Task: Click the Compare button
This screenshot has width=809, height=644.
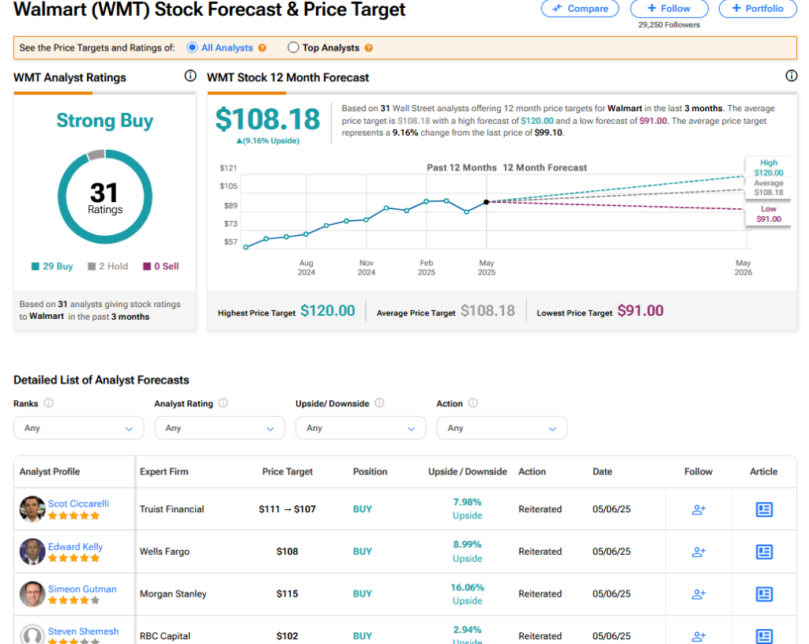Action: click(580, 8)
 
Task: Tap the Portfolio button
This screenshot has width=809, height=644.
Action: click(758, 8)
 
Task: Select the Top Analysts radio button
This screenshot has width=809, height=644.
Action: click(293, 47)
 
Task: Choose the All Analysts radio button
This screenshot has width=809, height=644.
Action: click(192, 47)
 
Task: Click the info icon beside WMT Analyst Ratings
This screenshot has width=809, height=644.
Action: click(190, 77)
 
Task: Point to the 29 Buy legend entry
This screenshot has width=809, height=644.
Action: click(52, 266)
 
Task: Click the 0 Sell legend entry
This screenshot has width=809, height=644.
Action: click(161, 266)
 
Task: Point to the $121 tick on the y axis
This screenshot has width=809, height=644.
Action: click(228, 168)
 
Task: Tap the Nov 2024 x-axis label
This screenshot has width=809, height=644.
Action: click(367, 268)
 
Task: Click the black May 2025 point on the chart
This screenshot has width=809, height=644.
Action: click(486, 202)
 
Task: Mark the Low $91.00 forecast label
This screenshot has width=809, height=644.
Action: click(769, 214)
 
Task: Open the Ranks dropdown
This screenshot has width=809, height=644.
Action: click(78, 428)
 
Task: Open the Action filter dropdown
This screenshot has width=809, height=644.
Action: click(502, 428)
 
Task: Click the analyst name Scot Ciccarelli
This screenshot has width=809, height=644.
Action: click(78, 504)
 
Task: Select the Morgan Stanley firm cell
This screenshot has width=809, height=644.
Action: click(173, 593)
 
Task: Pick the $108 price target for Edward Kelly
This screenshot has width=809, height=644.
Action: click(288, 551)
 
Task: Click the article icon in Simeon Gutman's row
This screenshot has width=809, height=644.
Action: click(764, 594)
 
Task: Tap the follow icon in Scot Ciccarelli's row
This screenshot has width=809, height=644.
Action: click(698, 510)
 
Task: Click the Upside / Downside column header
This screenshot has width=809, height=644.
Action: click(468, 471)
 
